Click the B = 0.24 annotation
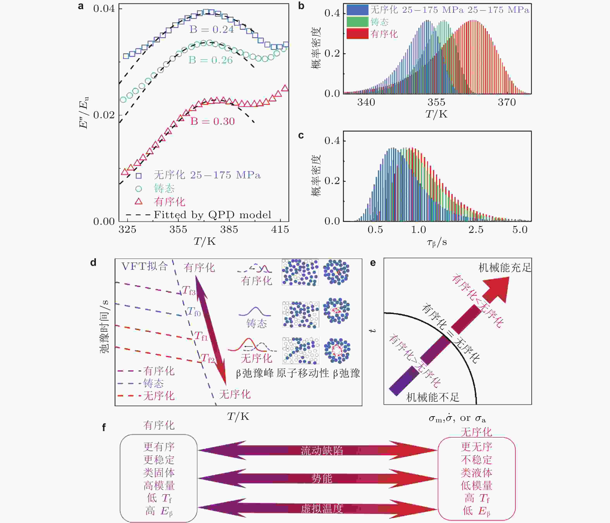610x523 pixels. (212, 29)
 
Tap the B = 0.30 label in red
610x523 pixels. (212, 121)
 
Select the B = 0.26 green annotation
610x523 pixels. (210, 60)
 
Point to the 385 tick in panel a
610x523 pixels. (229, 229)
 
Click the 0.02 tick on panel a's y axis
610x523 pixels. (104, 115)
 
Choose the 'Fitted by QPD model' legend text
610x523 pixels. (212, 215)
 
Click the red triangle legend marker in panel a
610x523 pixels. (138, 202)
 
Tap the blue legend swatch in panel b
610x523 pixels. (357, 10)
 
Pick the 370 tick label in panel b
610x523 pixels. (507, 102)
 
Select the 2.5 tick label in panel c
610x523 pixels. (476, 230)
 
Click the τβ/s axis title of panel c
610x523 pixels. (437, 242)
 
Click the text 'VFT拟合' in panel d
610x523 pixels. (144, 266)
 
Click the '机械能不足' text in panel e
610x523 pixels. (432, 397)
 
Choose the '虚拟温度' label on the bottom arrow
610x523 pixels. (322, 509)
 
